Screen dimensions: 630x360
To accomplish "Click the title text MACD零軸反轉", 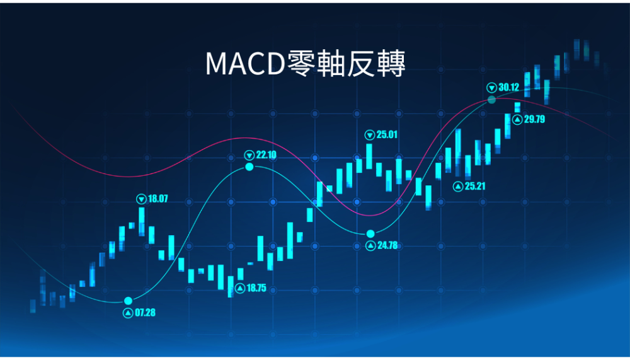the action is click(306, 64).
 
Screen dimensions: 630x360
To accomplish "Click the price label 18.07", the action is click(158, 199).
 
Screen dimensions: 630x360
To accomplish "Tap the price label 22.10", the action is click(266, 155).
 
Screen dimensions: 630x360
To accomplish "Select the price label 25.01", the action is click(387, 135).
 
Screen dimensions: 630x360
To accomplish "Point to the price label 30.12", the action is click(508, 87).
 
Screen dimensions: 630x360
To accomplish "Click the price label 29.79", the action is click(534, 119).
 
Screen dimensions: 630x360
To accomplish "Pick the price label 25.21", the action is click(475, 186).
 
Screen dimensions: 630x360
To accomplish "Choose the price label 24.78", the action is click(387, 245).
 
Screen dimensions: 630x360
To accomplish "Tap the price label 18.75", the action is click(256, 288).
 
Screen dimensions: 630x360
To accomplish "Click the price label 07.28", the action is click(145, 313).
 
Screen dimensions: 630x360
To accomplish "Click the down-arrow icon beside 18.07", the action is click(141, 199).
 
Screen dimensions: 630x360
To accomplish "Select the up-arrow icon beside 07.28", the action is click(128, 313).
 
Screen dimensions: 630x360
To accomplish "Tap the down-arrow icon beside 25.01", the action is click(370, 135).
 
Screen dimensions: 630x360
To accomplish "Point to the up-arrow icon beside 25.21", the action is click(458, 187).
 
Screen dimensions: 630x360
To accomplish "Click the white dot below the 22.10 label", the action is click(249, 166).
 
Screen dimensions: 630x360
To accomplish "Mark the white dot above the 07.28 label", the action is click(128, 301).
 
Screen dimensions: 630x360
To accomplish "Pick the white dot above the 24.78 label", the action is click(370, 234).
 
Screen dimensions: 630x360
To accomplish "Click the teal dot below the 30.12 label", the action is click(492, 100).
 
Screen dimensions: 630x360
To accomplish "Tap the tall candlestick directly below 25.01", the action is click(369, 156).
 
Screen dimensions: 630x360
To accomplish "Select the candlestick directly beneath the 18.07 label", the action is click(141, 221).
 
